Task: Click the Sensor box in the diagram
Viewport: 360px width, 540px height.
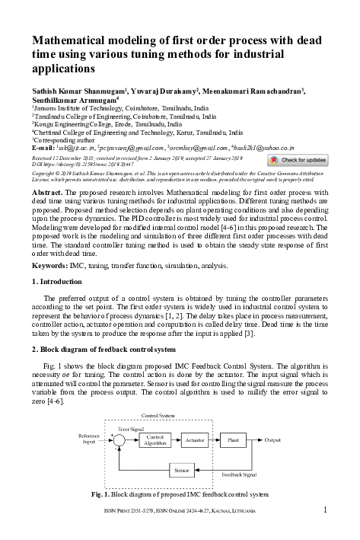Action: click(x=181, y=471)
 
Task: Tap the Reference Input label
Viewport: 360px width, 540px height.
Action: click(x=90, y=439)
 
